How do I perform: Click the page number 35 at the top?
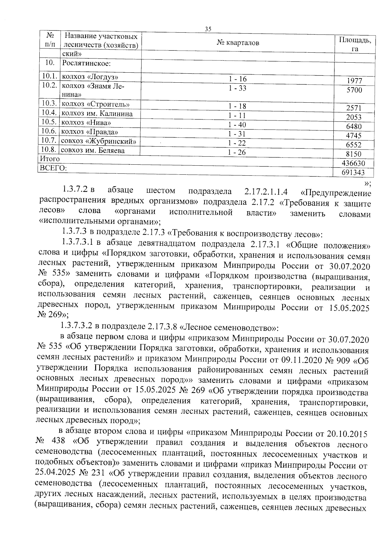(x=208, y=29)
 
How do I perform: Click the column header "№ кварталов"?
(x=238, y=43)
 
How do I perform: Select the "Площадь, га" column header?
(x=355, y=44)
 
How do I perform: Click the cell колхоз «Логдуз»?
(x=90, y=77)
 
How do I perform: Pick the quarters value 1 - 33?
(x=238, y=88)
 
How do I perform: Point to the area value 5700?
(x=354, y=90)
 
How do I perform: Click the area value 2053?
(x=354, y=117)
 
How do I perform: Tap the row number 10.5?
(x=49, y=122)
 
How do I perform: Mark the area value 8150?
(x=354, y=154)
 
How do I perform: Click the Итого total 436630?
(x=353, y=163)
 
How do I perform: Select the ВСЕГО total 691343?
(x=353, y=172)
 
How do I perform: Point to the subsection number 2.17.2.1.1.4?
(x=266, y=192)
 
